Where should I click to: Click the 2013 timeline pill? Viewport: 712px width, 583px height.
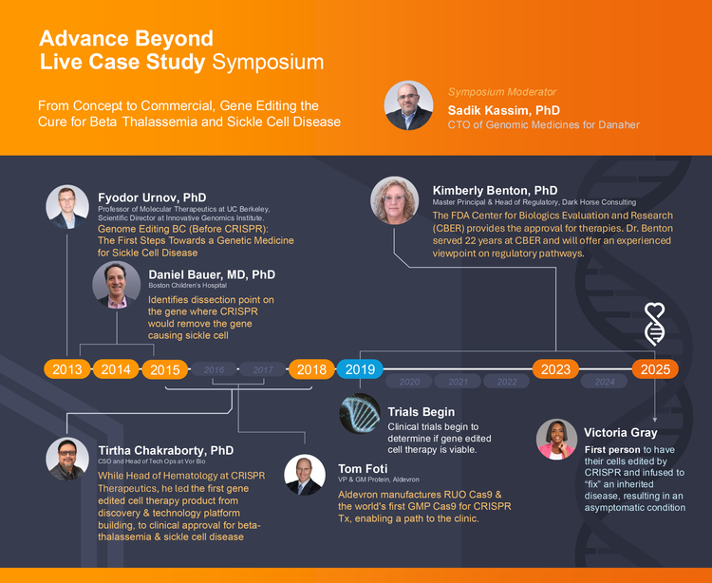click(x=67, y=369)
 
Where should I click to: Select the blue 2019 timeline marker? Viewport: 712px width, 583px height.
click(x=360, y=369)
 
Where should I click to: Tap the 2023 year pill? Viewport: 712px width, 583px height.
click(x=555, y=369)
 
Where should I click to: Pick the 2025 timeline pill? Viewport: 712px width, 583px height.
click(x=655, y=369)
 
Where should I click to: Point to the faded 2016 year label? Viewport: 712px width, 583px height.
click(x=214, y=369)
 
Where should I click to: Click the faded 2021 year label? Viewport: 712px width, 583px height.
click(x=459, y=382)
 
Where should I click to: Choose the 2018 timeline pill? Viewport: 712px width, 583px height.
click(x=311, y=369)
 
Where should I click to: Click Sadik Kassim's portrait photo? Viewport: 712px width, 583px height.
click(x=408, y=105)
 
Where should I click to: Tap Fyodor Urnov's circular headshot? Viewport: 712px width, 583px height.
click(x=67, y=207)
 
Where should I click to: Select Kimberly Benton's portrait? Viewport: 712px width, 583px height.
click(x=394, y=200)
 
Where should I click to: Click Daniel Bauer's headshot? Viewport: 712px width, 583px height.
click(x=117, y=285)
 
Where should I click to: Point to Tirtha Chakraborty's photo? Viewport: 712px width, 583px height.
click(x=67, y=459)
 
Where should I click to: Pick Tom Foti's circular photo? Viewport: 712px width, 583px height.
click(x=305, y=475)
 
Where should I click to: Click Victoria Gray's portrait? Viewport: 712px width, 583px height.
click(x=556, y=440)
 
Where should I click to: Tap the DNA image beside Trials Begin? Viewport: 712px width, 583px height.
click(x=360, y=414)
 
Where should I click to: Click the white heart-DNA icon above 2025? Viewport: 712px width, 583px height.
click(x=655, y=324)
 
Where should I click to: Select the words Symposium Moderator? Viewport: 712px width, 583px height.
click(x=502, y=92)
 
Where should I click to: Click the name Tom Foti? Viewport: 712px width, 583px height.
click(x=363, y=468)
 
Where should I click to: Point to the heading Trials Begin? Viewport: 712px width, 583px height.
click(x=421, y=412)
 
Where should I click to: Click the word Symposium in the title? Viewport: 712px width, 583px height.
click(x=268, y=63)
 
